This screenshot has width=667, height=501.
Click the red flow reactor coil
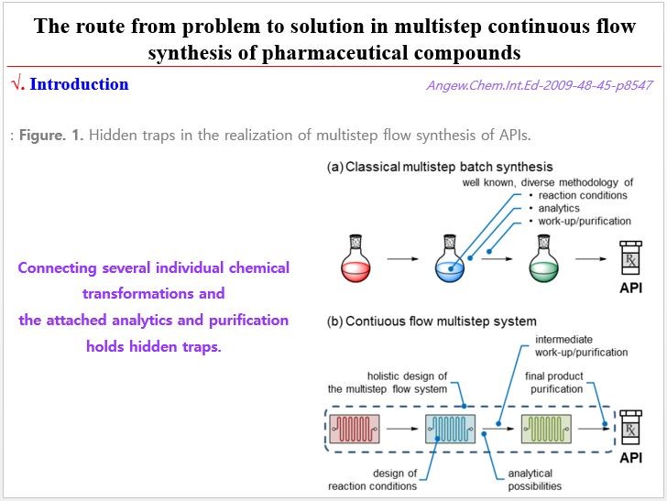[354, 428]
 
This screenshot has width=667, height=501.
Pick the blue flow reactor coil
[450, 428]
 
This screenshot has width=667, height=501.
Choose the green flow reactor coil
[546, 428]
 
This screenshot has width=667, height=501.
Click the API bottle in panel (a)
[630, 260]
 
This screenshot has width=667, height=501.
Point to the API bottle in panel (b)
[630, 428]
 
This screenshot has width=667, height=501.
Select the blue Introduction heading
[79, 84]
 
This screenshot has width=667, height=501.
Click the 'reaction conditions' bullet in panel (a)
[583, 195]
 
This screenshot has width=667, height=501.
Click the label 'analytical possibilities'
[534, 479]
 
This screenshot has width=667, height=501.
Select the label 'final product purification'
[553, 382]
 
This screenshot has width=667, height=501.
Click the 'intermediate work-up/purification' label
[581, 345]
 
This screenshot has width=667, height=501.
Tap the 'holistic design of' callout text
[407, 376]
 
